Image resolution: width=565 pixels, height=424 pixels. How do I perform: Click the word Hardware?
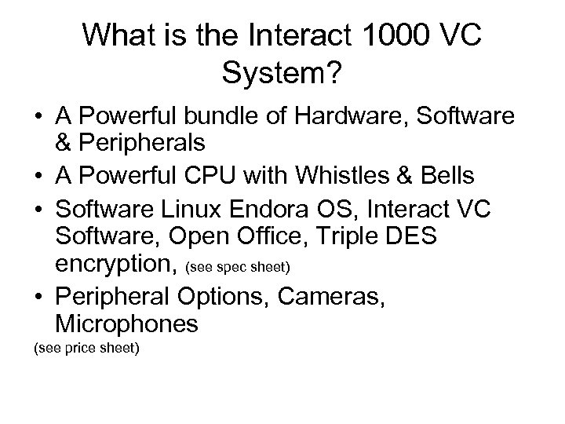tap(355, 116)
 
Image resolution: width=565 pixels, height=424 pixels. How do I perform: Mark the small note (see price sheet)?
tap(85, 345)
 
